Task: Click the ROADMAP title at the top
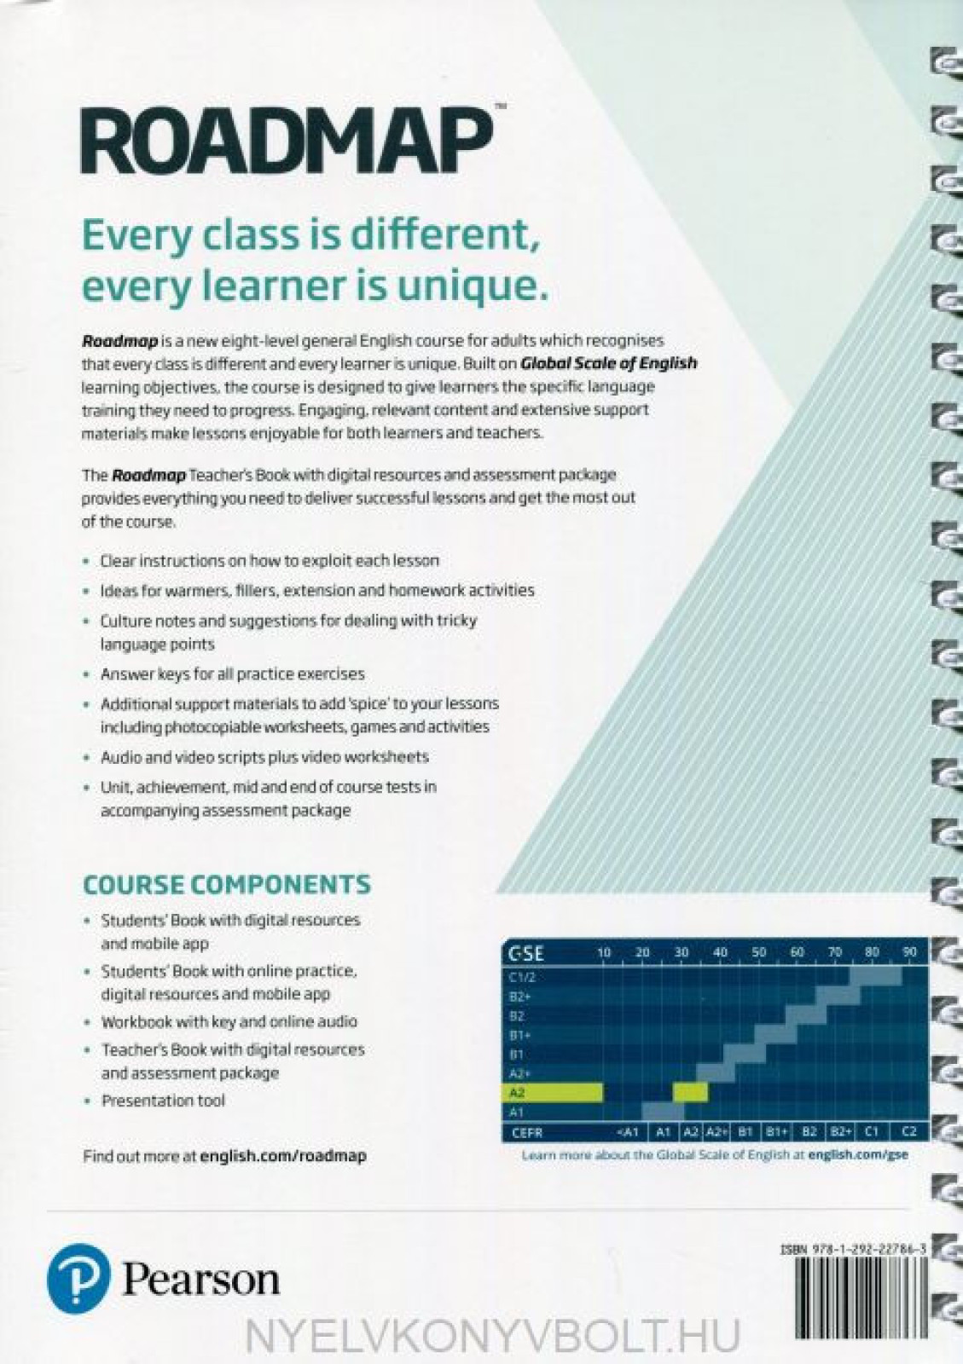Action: pyautogui.click(x=288, y=142)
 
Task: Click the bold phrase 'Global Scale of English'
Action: pyautogui.click(x=608, y=363)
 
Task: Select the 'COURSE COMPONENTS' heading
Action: pyautogui.click(x=227, y=885)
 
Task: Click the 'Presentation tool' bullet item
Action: pyautogui.click(x=163, y=1101)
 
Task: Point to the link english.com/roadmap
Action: pyautogui.click(x=283, y=1156)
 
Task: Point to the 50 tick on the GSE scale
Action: pyautogui.click(x=758, y=952)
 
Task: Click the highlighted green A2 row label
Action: pyautogui.click(x=517, y=1093)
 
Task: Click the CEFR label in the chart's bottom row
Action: pyautogui.click(x=527, y=1133)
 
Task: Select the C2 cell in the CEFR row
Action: pyautogui.click(x=908, y=1132)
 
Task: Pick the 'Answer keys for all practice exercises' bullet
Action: pyautogui.click(x=233, y=674)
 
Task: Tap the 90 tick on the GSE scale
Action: pyautogui.click(x=909, y=952)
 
